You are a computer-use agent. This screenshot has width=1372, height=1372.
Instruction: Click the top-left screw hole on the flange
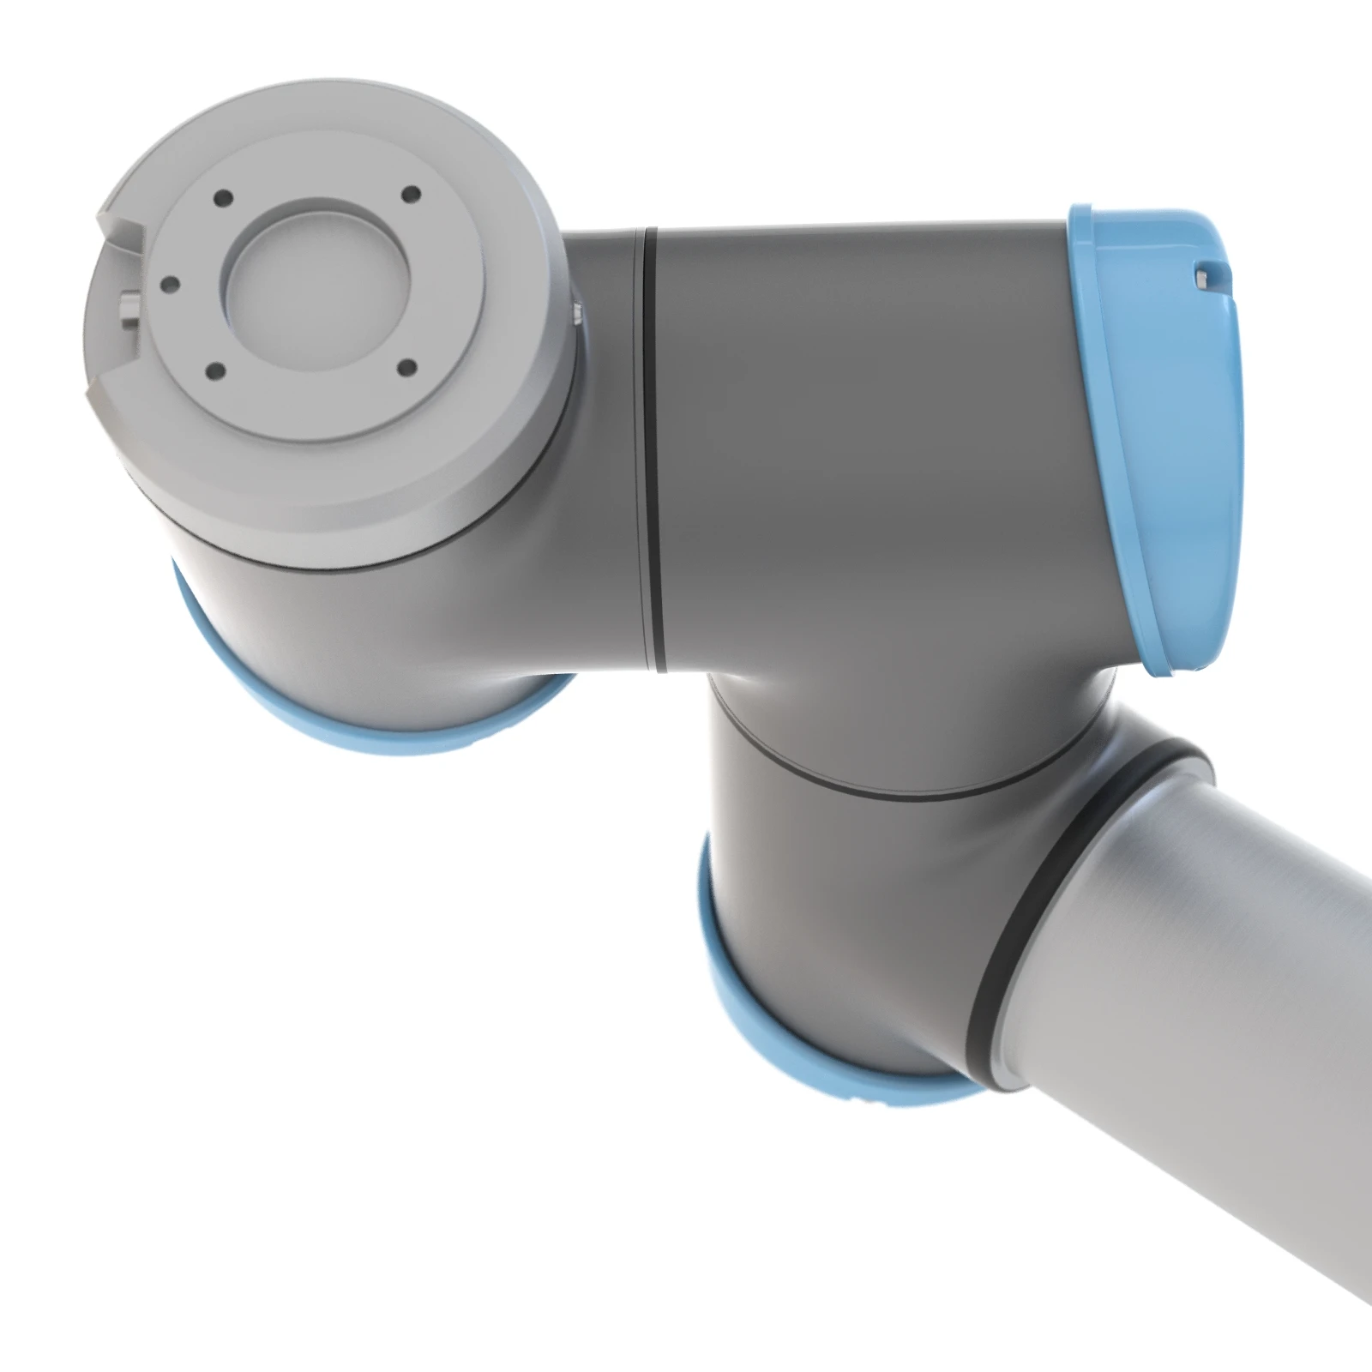pyautogui.click(x=224, y=198)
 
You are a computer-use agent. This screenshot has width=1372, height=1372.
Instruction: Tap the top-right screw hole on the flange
pyautogui.click(x=410, y=193)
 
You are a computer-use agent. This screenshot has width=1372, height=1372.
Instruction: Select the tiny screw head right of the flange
pyautogui.click(x=576, y=312)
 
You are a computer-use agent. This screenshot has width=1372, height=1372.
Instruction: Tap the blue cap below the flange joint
pyautogui.click(x=343, y=720)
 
